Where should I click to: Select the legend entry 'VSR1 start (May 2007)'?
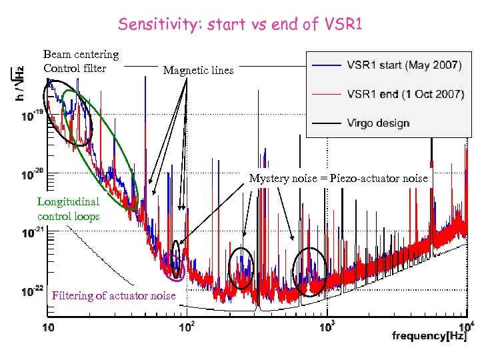tap(404, 65)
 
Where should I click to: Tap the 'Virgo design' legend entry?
tap(378, 123)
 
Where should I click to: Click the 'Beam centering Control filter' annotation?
tap(81, 61)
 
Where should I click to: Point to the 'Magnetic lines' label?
tap(199, 70)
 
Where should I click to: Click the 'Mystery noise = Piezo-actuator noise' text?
tap(339, 178)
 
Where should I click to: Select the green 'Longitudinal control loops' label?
tap(68, 208)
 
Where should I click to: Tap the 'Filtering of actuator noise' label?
tap(114, 295)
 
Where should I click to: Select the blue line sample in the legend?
tap(325, 65)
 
